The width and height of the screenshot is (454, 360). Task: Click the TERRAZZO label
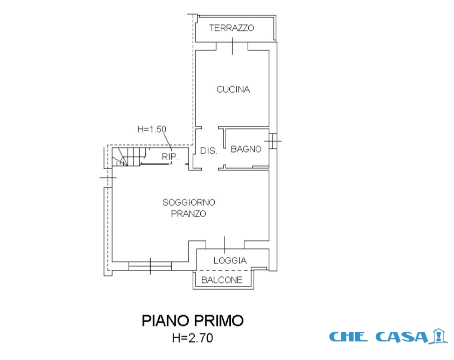pyautogui.click(x=231, y=28)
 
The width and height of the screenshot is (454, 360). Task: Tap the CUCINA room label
pyautogui.click(x=233, y=89)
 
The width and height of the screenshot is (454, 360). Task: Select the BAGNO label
pyautogui.click(x=246, y=149)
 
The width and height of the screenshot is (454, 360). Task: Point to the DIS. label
pyautogui.click(x=208, y=150)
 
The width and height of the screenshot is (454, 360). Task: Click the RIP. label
pyautogui.click(x=169, y=157)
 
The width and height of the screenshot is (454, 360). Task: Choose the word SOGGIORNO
pyautogui.click(x=189, y=202)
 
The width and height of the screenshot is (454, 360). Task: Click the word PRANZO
pyautogui.click(x=189, y=213)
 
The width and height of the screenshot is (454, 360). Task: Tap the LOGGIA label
pyautogui.click(x=230, y=260)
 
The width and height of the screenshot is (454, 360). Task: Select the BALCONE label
pyautogui.click(x=222, y=280)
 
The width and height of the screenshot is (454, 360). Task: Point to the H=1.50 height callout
pyautogui.click(x=152, y=129)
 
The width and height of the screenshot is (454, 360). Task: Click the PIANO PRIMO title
pyautogui.click(x=192, y=320)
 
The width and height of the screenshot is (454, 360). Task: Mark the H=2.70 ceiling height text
pyautogui.click(x=192, y=338)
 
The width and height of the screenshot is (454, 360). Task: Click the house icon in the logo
pyautogui.click(x=439, y=335)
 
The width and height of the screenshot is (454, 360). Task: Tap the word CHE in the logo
pyautogui.click(x=349, y=336)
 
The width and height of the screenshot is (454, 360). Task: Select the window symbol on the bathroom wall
pyautogui.click(x=272, y=141)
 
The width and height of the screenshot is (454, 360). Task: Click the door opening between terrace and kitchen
pyautogui.click(x=233, y=46)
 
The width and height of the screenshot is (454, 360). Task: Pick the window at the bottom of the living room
pyautogui.click(x=150, y=265)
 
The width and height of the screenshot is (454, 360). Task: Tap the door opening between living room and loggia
pyautogui.click(x=225, y=245)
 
